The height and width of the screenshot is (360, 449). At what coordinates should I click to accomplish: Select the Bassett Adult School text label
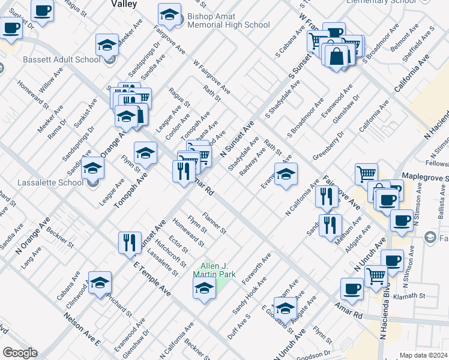coord(61,59)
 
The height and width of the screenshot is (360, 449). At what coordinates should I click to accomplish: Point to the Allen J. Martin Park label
coord(214,269)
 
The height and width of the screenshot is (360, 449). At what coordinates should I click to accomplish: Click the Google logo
coord(19,353)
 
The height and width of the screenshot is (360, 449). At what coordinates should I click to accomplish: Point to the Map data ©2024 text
coord(423,355)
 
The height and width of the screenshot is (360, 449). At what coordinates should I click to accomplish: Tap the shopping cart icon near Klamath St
coord(376,275)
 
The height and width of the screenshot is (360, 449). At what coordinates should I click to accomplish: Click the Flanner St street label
coord(214,222)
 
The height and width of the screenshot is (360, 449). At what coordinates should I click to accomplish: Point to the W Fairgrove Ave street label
coord(212,76)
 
